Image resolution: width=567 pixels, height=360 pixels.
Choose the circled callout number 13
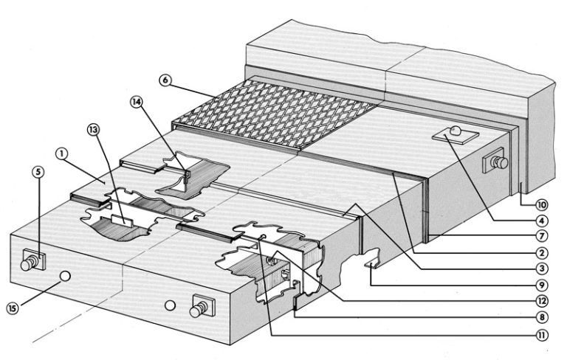coord(94,131)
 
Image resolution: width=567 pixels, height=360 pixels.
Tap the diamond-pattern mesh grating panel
coord(273,114)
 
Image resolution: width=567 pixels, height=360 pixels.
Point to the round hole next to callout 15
coord(66,277)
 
